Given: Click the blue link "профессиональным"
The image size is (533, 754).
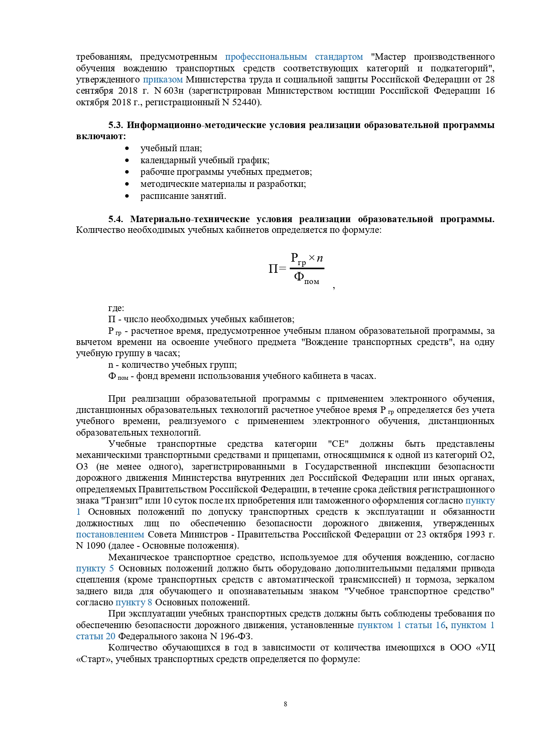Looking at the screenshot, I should coord(266,57).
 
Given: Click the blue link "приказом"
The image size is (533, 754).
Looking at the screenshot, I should coord(162,79).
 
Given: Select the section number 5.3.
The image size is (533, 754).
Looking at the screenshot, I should coord(116,125).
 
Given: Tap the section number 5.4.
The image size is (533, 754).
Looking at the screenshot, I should coord(116,219).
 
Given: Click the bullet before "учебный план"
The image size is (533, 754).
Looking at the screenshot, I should coord(127,149).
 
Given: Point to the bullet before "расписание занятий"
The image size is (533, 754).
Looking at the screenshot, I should coord(127,196).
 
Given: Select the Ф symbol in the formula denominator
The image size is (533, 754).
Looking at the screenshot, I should coord(299,276).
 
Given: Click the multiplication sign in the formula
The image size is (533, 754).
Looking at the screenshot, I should coord(312,258).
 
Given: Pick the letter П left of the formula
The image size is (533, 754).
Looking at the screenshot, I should coord(273,269).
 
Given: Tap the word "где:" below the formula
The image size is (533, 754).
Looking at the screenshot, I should coord(116,308).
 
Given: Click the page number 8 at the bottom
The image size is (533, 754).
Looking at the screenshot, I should coord(285,704).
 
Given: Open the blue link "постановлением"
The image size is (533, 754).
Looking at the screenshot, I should coord(110,534).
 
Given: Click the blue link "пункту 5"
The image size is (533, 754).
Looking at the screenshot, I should coord(95,568).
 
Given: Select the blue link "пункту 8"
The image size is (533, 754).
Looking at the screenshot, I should coord(134,602).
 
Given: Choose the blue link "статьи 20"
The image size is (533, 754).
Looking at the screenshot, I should coord(95,636).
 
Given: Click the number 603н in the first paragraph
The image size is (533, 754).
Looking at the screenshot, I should coord(175,91).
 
